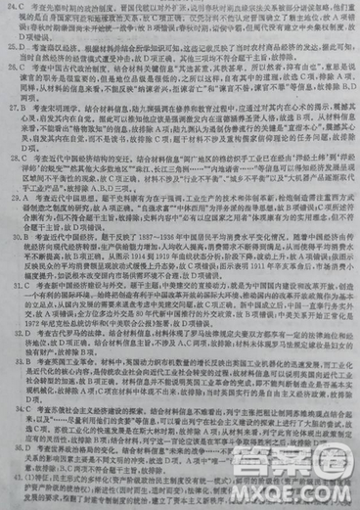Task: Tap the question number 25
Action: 11,45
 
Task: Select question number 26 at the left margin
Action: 11,71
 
